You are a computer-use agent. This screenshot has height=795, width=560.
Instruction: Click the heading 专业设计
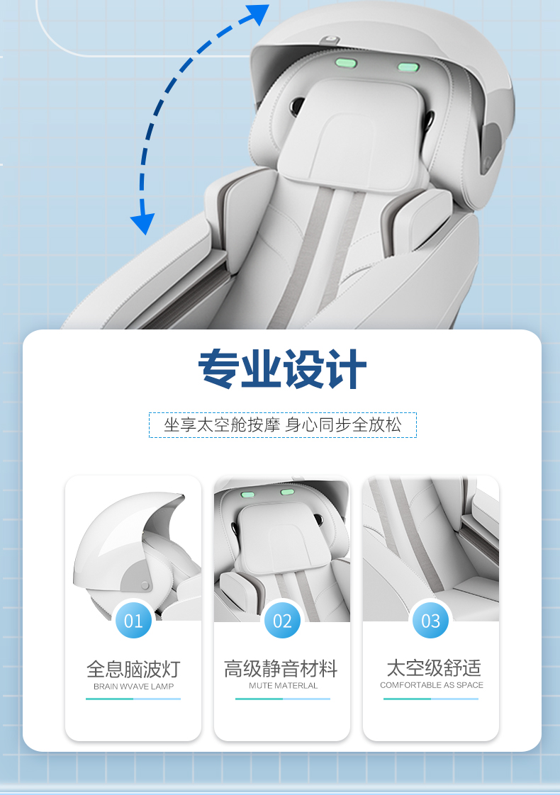[x=282, y=368]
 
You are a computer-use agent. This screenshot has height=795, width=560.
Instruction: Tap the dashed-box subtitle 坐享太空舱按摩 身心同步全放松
[x=283, y=425]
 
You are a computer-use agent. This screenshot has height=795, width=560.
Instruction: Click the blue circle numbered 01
[x=133, y=620]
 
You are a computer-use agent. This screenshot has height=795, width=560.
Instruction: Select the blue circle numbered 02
[x=282, y=620]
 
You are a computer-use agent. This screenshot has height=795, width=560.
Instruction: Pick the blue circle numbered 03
[x=431, y=620]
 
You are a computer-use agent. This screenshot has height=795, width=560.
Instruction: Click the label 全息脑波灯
[x=133, y=670]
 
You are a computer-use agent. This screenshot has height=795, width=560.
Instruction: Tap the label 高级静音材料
[x=281, y=669]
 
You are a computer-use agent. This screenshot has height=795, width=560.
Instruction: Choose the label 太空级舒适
[x=434, y=667]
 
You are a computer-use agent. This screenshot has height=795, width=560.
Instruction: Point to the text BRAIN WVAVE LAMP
[x=133, y=687]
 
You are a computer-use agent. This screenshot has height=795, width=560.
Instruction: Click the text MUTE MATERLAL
[x=283, y=685]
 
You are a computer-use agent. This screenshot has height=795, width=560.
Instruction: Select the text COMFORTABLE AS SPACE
[x=432, y=685]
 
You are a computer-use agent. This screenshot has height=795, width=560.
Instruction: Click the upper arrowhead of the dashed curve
[x=259, y=13]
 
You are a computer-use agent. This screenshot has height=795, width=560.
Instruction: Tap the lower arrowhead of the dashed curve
[x=143, y=224]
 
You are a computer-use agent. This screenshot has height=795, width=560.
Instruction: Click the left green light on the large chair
[x=346, y=63]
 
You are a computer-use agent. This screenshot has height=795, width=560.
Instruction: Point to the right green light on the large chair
[x=408, y=67]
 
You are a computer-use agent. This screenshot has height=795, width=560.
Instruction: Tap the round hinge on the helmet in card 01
[x=145, y=585]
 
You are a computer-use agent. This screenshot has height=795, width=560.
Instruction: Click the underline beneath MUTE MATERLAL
[x=283, y=699]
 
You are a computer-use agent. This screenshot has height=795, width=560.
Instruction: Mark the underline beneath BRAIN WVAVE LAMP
[x=133, y=699]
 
